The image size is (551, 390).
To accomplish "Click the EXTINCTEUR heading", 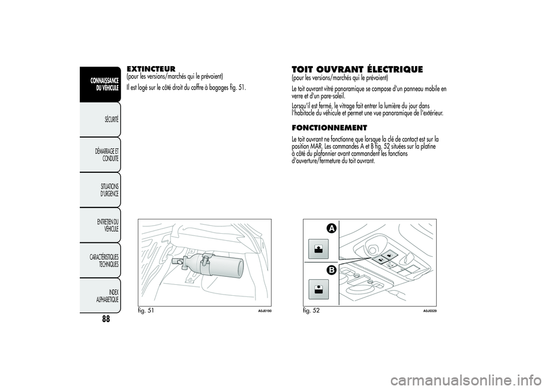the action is tap(151, 68).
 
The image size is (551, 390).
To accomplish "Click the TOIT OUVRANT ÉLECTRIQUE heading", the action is tap(357, 69).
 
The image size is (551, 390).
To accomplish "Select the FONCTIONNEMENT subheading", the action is tap(329, 128).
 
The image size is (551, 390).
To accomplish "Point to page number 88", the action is tap(106, 319).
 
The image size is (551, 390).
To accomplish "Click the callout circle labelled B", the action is tap(332, 271).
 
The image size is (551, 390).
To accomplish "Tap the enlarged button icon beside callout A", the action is tap(319, 249).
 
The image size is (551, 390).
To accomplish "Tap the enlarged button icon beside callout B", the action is tap(319, 289).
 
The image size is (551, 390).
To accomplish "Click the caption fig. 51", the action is tap(146, 311).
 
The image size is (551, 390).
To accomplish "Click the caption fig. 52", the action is tap(312, 311).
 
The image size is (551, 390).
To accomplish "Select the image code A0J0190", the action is tap(265, 311).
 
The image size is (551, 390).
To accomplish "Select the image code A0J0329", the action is tap(430, 311).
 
